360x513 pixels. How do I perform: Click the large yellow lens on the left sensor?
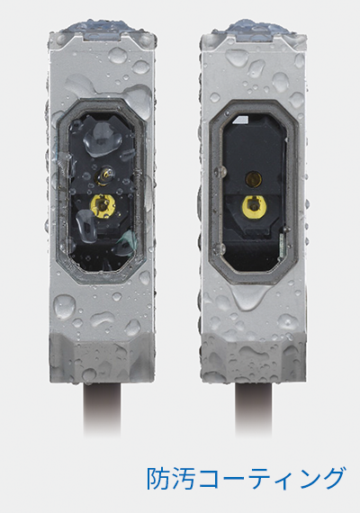[x=103, y=205]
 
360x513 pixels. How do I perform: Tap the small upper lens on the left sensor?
[x=104, y=175]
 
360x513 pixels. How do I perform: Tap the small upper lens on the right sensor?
[x=255, y=178]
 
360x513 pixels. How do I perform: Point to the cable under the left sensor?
[x=102, y=409]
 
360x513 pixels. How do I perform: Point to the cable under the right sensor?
[x=254, y=409]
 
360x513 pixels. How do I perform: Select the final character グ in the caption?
[x=331, y=478]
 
